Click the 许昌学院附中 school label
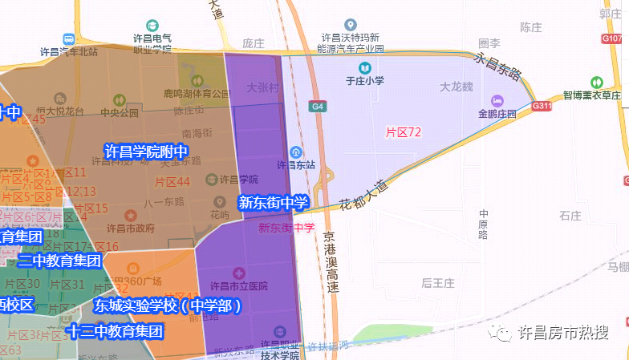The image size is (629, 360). [x=146, y=150]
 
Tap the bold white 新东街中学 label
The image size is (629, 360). [x=273, y=203]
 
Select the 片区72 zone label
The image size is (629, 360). [x=404, y=132]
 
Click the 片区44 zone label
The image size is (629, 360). [x=172, y=182]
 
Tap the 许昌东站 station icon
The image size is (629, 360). [x=295, y=152]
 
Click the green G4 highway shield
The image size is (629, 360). [x=319, y=106]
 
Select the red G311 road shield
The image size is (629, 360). [x=542, y=106]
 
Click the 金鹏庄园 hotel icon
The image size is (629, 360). [x=497, y=100]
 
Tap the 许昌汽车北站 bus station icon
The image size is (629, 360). [x=69, y=38]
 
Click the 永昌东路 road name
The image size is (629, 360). [x=498, y=66]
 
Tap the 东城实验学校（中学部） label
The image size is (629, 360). [x=168, y=305]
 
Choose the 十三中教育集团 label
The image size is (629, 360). [x=115, y=330]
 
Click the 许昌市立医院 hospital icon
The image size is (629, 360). [x=236, y=274]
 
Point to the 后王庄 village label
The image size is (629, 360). [x=438, y=283]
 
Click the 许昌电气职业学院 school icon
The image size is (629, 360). [x=152, y=37]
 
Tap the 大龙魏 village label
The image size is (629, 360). [x=457, y=86]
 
